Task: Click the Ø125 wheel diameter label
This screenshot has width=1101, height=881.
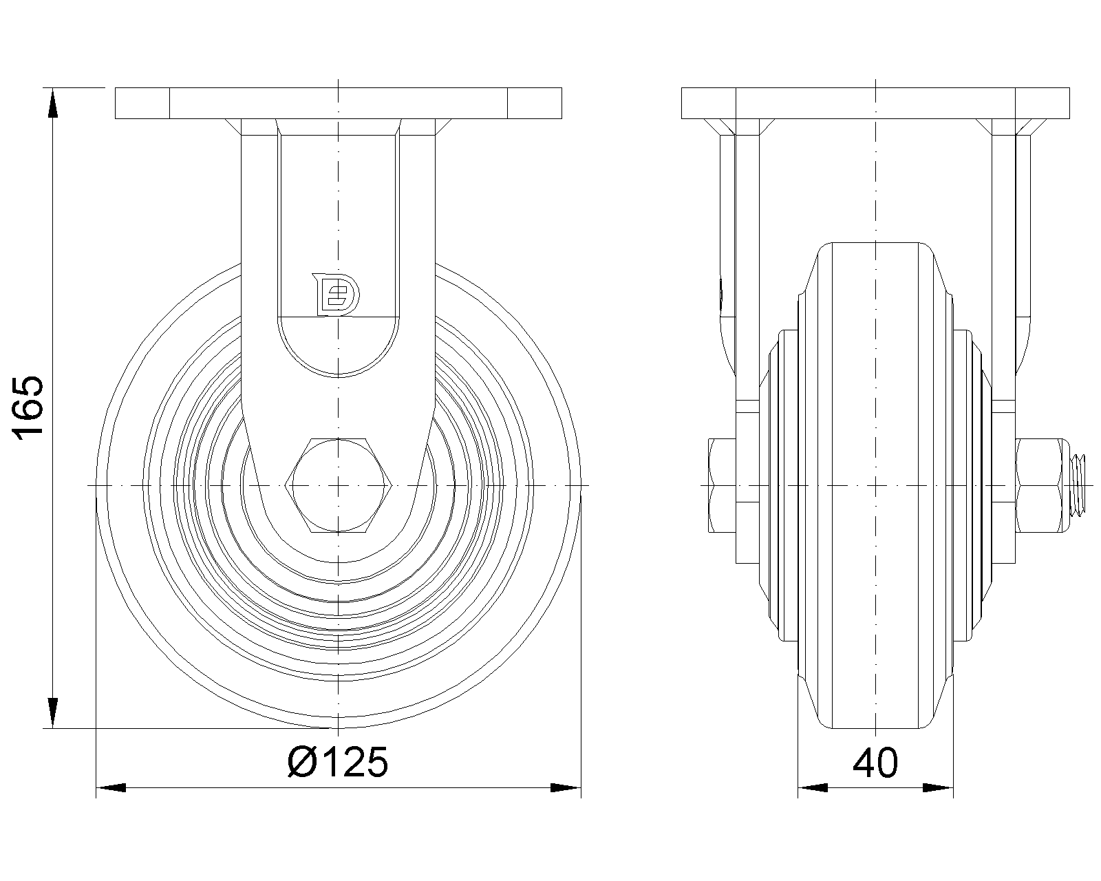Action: (x=338, y=763)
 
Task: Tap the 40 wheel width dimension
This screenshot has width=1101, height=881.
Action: (x=875, y=763)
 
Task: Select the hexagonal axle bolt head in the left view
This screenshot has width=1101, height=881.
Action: (x=338, y=485)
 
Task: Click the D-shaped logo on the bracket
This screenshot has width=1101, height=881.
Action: (x=336, y=295)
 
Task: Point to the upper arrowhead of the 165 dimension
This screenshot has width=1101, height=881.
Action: (x=53, y=103)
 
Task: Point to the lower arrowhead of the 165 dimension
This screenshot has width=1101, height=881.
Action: (x=53, y=713)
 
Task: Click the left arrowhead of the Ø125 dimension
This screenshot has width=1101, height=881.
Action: (x=111, y=788)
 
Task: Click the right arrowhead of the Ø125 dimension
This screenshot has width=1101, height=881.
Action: (x=566, y=788)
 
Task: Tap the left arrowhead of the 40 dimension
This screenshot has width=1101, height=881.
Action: (x=813, y=788)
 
